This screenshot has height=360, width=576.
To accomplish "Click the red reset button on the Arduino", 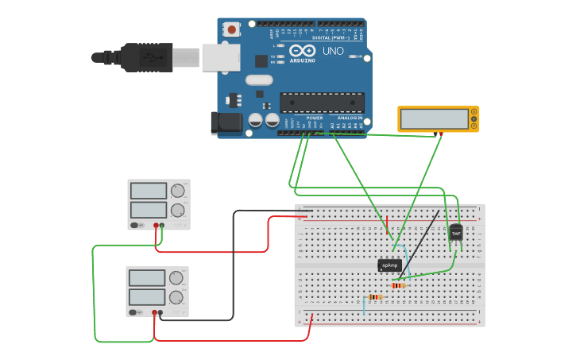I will coord(231,29).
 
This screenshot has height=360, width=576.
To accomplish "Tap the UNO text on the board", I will coord(333,51).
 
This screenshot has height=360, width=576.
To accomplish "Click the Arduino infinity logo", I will coord(302,51).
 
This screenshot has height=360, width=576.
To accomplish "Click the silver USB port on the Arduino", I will coord(220,57).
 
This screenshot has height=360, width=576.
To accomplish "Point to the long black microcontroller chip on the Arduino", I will coord(322,103).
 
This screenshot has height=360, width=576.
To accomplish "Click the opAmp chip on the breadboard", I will coord(389,265).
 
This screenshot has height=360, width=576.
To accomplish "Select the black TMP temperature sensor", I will coord(456,232).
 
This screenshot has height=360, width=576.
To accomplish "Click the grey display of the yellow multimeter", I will coord(435,119).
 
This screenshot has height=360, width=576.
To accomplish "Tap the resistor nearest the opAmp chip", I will coord(398,285).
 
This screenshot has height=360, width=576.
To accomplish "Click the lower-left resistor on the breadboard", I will coord(375,297).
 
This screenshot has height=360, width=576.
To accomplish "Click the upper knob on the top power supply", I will coord(177,191).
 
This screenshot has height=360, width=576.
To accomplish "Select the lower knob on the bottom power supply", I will coord(176,297).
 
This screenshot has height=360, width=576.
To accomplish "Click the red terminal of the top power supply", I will coord(156,226).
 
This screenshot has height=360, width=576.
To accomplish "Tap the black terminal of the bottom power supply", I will coord(160,313).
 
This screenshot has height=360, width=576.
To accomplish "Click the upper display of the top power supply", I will coord(148,191).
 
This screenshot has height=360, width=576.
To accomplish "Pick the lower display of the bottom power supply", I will coord(146,297).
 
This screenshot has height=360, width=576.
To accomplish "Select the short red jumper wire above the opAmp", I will coord(388,225).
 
